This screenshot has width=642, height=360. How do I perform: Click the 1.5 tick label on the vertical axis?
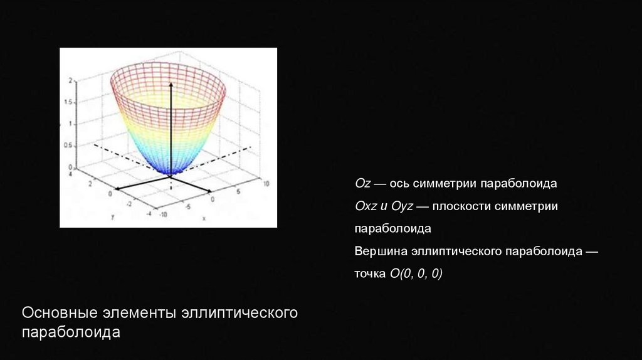[x=68, y=102]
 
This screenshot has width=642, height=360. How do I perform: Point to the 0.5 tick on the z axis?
[x=68, y=145]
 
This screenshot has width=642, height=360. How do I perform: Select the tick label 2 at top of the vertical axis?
[x=71, y=80]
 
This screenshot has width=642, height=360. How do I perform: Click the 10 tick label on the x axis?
[x=266, y=184]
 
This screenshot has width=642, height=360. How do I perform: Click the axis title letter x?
[x=204, y=218]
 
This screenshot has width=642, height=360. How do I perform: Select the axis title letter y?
[x=112, y=216]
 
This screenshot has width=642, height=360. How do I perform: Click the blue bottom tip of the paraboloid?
[x=170, y=172]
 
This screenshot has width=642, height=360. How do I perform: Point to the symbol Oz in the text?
[x=362, y=184]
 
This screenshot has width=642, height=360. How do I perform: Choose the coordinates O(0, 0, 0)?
[x=416, y=273]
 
